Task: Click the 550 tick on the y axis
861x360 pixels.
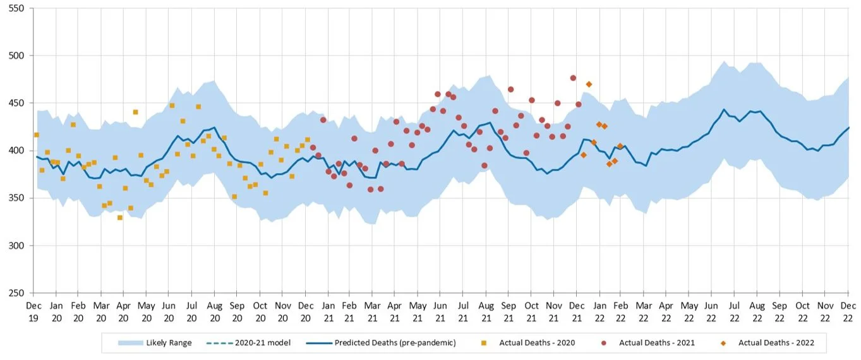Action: (16, 8)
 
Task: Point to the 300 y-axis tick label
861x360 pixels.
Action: (16, 246)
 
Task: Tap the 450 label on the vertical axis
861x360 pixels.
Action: (16, 103)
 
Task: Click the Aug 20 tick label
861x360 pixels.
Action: (214, 310)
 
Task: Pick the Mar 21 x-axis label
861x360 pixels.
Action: (373, 310)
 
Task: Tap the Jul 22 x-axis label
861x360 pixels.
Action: (735, 310)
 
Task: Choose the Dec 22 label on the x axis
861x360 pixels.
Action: (848, 310)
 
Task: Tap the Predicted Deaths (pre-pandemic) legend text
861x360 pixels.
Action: (395, 343)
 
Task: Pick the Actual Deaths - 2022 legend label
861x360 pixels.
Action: (776, 343)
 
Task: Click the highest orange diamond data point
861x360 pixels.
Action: (589, 84)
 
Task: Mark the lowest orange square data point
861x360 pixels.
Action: (120, 218)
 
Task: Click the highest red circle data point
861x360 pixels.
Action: (573, 78)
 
